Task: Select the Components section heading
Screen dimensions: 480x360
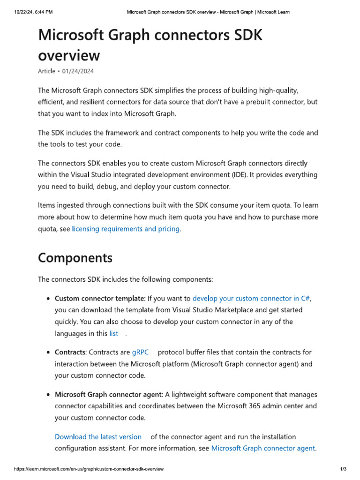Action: [x=75, y=258]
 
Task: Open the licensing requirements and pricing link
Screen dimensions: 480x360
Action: [x=126, y=229]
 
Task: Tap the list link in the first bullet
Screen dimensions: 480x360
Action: [x=114, y=333]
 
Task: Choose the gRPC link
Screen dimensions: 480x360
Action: [x=140, y=352]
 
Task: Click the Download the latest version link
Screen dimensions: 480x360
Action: [x=98, y=436]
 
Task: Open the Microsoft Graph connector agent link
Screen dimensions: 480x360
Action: [x=263, y=448]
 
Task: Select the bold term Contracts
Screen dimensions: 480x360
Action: [x=70, y=352]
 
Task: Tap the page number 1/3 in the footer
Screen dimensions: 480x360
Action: [x=343, y=469]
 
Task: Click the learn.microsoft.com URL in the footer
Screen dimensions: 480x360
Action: [x=89, y=469]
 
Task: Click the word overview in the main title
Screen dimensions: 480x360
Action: [x=68, y=56]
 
